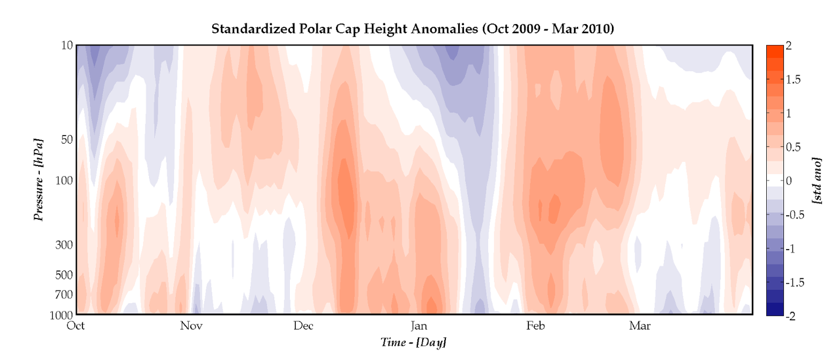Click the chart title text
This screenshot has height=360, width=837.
pos(413,29)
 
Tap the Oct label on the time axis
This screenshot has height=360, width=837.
pos(76,326)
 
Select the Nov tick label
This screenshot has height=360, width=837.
pos(191,326)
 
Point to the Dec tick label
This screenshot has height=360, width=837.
pos(303,326)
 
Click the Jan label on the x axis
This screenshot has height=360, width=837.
pos(419,326)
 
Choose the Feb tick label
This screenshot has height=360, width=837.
pos(535,326)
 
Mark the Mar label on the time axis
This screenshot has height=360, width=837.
pos(639,326)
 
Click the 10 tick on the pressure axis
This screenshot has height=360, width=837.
pos(67,46)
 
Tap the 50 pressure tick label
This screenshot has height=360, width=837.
pos(67,139)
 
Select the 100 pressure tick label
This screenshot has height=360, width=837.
pos(64,180)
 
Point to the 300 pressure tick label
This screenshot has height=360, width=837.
pos(64,245)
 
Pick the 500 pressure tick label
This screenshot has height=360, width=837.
pos(64,275)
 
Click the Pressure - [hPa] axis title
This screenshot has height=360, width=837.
pos(39,180)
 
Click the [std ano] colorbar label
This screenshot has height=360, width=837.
pos(817,180)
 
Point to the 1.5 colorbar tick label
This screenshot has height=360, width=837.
pos(793,79)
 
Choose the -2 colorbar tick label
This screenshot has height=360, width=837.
pos(790,316)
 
